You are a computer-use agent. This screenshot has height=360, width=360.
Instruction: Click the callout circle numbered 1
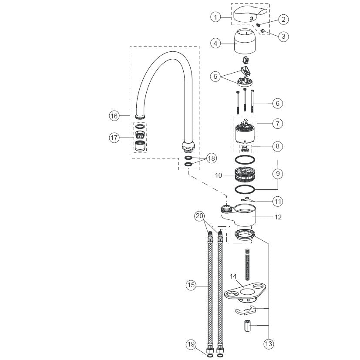[x=215, y=17]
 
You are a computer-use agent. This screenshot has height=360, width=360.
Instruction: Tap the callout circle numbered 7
[x=278, y=124]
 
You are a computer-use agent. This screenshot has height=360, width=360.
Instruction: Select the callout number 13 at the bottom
[x=269, y=344]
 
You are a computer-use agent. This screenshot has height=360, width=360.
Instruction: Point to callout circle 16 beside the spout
[x=114, y=116]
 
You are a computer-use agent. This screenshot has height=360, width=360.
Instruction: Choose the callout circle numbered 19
[x=191, y=344]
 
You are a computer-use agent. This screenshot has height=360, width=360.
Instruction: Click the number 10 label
[x=219, y=175]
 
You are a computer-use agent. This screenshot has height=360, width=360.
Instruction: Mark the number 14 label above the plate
[x=233, y=276]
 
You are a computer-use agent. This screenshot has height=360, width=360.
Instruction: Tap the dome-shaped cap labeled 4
[x=245, y=41]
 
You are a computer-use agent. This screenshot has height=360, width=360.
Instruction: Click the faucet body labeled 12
[x=239, y=215]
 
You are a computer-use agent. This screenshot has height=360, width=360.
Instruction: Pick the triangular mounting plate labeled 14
[x=245, y=292]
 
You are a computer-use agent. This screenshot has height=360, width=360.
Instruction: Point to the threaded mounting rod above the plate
[x=248, y=265]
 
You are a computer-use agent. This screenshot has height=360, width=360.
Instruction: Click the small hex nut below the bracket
[x=247, y=326]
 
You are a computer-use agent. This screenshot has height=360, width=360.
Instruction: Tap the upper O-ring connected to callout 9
[x=245, y=160]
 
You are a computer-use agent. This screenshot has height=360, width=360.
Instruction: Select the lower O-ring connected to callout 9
[x=245, y=189]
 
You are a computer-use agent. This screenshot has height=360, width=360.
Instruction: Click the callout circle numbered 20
[x=199, y=216]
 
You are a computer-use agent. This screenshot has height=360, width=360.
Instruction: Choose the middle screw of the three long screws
[x=245, y=100]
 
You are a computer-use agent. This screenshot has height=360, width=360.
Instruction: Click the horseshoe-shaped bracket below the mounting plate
[x=246, y=310]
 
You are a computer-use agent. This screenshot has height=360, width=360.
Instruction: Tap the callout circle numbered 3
[x=283, y=36]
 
